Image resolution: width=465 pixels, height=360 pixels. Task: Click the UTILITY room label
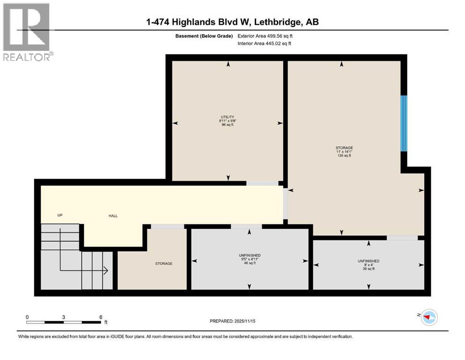[228, 117]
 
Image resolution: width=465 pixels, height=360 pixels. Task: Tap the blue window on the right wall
[404, 124]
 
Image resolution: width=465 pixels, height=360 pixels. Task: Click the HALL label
[113, 216]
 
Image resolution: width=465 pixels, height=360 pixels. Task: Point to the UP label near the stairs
[60, 215]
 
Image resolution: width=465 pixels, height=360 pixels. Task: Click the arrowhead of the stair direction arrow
[106, 270]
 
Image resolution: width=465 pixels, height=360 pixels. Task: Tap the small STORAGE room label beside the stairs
[164, 263]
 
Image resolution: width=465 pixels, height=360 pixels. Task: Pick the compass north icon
[428, 318]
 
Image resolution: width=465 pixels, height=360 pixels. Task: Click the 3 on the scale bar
[63, 317]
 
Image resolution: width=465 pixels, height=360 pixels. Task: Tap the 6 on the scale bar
[100, 317]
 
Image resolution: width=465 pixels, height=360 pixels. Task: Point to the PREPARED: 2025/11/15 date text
[232, 321]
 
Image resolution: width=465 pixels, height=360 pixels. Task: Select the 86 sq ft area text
[228, 125]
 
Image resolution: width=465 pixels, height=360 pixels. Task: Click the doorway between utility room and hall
[262, 183]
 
